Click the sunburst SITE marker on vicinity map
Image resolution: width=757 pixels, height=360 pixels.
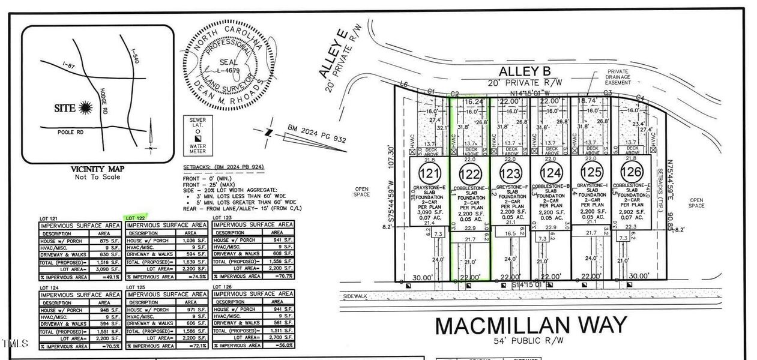click(85, 107)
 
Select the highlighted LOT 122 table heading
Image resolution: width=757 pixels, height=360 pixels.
click(136, 217)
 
